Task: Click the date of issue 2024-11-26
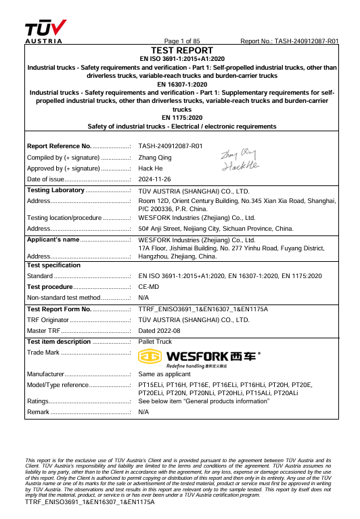[155, 179]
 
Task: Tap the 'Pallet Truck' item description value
[155, 342]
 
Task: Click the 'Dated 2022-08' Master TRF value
[160, 330]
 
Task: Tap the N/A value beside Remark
[143, 412]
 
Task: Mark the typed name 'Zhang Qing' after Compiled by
[155, 157]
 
